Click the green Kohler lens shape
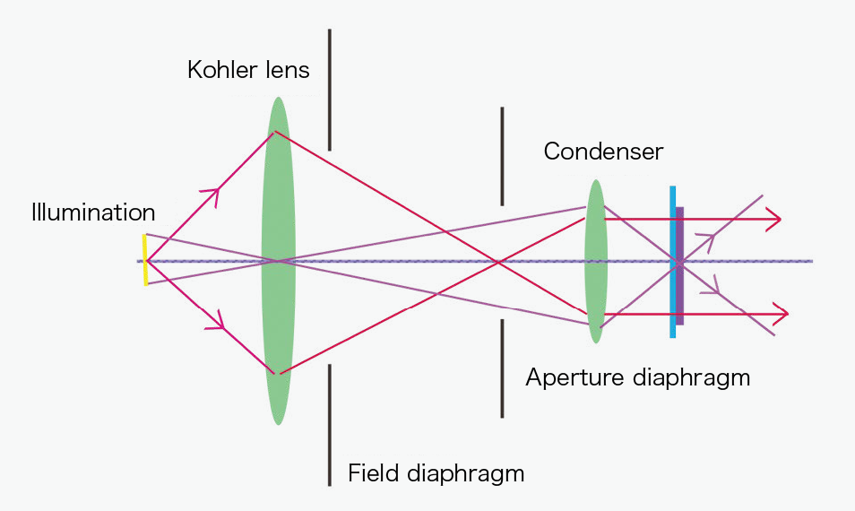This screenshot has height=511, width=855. pos(279,179)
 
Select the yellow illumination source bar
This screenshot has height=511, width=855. pos(144,260)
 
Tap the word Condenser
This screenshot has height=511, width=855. pos(603,151)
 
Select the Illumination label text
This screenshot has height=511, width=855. pos(93,213)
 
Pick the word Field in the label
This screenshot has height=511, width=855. pos(372,472)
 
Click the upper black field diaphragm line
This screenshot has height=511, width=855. pos(330,90)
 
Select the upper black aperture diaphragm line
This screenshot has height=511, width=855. pos(502,156)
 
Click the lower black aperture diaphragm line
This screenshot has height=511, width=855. pos(502,368)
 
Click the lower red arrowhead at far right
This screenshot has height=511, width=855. pos(781,314)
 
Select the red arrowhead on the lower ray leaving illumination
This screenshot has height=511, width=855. pos(215,322)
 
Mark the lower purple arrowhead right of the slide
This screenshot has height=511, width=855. pos(712,287)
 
